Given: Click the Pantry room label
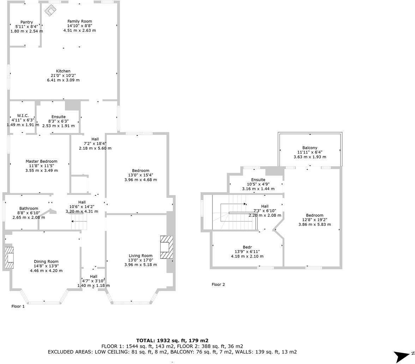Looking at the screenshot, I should click(26, 22).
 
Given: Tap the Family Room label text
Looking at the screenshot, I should click(79, 22).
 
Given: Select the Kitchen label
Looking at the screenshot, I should click(63, 71).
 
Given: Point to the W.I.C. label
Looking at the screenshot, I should click(23, 116).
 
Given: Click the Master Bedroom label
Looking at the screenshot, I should click(41, 161).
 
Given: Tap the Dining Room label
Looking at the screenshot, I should click(46, 261).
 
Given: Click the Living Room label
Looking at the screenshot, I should click(140, 256).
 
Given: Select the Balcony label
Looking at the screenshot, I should click(309, 148).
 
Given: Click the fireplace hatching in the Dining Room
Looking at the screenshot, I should click(9, 258).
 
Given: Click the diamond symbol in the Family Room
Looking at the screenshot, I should click(50, 10).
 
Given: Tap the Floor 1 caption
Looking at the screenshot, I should click(18, 306).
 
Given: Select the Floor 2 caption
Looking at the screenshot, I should click(218, 284).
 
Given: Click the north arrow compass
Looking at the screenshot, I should click(402, 356).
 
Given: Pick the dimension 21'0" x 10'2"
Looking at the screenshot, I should click(63, 75).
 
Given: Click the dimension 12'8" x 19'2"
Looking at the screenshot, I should click(314, 220).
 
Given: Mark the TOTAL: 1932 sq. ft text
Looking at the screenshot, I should click(172, 340).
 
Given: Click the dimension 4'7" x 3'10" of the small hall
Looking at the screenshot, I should click(94, 281).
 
